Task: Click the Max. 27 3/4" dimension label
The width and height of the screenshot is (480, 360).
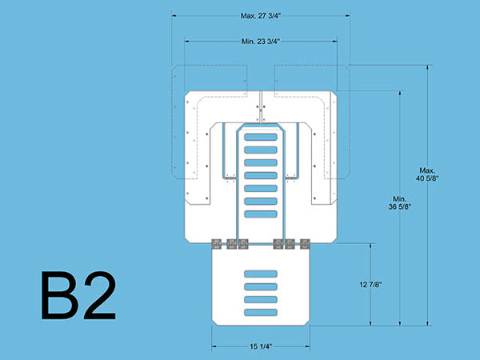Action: (x=261, y=16)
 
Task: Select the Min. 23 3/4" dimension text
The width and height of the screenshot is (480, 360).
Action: (x=261, y=42)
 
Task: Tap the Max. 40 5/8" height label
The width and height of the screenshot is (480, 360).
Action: (x=427, y=174)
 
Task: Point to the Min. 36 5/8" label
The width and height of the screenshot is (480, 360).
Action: (x=399, y=203)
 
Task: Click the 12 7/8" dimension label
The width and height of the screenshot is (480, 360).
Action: (x=370, y=285)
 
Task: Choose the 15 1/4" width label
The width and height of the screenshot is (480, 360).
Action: (x=261, y=346)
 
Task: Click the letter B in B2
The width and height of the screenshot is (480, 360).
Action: (x=60, y=295)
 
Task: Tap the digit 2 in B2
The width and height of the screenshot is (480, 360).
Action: (x=100, y=294)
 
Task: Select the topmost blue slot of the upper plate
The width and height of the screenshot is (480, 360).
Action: (x=261, y=137)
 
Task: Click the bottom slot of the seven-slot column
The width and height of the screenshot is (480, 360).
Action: (x=261, y=214)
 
